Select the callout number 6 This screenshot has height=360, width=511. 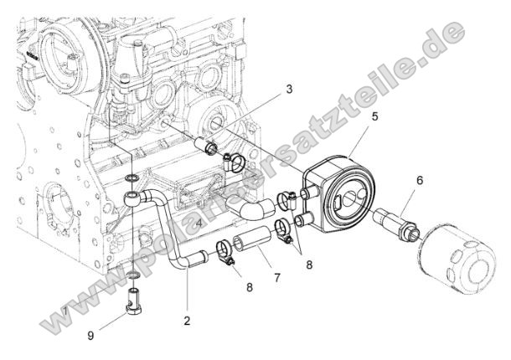click(420, 179)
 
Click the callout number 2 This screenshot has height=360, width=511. click(187, 320)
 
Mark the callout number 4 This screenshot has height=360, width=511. click(198, 224)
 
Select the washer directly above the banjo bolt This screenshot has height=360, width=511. click(134, 273)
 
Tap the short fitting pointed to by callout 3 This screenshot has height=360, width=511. click(206, 148)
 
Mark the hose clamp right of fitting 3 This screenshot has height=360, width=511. click(235, 161)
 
